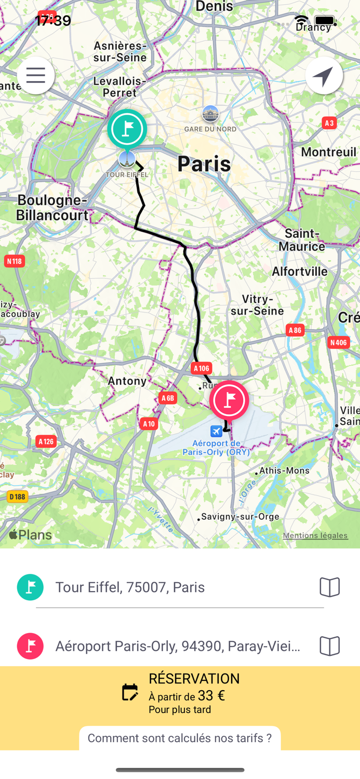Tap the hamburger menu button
click(36, 75)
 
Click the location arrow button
click(324, 76)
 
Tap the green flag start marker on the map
click(127, 129)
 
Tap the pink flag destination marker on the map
click(229, 400)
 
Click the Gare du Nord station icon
click(210, 114)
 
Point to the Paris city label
click(204, 164)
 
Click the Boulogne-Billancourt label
click(52, 207)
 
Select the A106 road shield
click(202, 368)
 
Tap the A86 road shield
click(295, 330)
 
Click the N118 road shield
click(14, 261)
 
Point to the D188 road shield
click(17, 496)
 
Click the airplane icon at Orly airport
click(216, 431)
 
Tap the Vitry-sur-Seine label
click(257, 305)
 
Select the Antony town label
click(127, 381)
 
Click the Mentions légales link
click(315, 535)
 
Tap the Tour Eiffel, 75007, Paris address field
click(130, 587)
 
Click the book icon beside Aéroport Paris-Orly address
click(329, 646)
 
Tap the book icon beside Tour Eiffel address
click(329, 587)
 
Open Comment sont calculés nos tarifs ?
click(180, 738)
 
